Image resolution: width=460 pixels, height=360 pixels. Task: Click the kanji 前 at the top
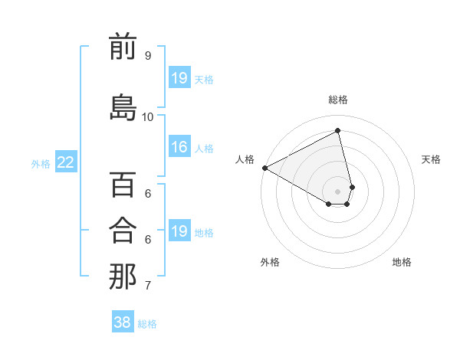pyautogui.click(x=123, y=47)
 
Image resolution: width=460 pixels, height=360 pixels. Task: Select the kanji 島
pyautogui.click(x=123, y=107)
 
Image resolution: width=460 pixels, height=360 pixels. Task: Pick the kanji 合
pyautogui.click(x=123, y=230)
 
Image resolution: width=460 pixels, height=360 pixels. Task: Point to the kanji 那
pyautogui.click(x=123, y=277)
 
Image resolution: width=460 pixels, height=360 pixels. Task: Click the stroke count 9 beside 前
pyautogui.click(x=148, y=56)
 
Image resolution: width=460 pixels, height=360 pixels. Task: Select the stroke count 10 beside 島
pyautogui.click(x=148, y=116)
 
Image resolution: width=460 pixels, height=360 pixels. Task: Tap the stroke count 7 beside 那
pyautogui.click(x=148, y=286)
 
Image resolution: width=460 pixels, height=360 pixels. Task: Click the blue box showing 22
pyautogui.click(x=66, y=162)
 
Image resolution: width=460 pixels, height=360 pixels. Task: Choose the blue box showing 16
pyautogui.click(x=179, y=148)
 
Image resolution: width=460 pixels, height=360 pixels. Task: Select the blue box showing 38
pyautogui.click(x=123, y=322)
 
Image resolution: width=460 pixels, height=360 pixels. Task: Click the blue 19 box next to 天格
pyautogui.click(x=179, y=78)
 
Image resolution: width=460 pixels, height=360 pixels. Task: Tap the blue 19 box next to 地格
pyautogui.click(x=179, y=231)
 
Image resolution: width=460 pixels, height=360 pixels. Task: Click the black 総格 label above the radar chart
pyautogui.click(x=338, y=100)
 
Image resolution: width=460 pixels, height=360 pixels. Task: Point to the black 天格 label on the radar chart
pyautogui.click(x=432, y=159)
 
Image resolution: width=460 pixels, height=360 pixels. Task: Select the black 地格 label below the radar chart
pyautogui.click(x=402, y=262)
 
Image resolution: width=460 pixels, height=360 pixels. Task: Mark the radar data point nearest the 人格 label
pyautogui.click(x=264, y=168)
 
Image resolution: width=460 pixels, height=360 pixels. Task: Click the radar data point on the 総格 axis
pyautogui.click(x=338, y=131)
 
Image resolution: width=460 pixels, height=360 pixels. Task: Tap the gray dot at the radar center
pyautogui.click(x=338, y=191)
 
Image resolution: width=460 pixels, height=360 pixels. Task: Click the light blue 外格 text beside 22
pyautogui.click(x=41, y=163)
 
